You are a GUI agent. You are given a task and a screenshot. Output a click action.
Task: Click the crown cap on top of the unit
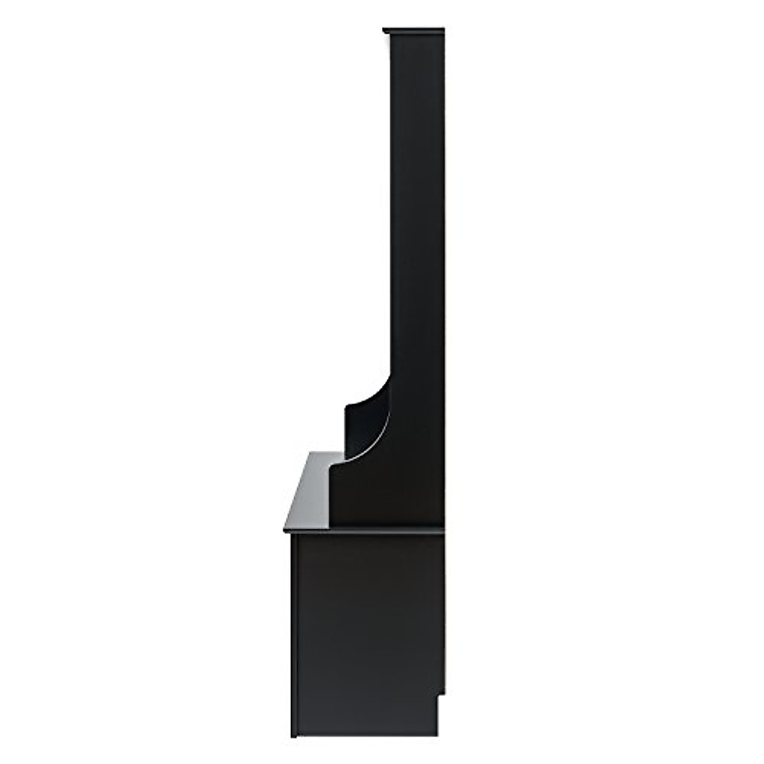414,31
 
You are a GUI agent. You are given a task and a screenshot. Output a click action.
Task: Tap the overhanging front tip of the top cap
385,31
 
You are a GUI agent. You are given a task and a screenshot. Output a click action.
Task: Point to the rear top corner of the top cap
442,29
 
